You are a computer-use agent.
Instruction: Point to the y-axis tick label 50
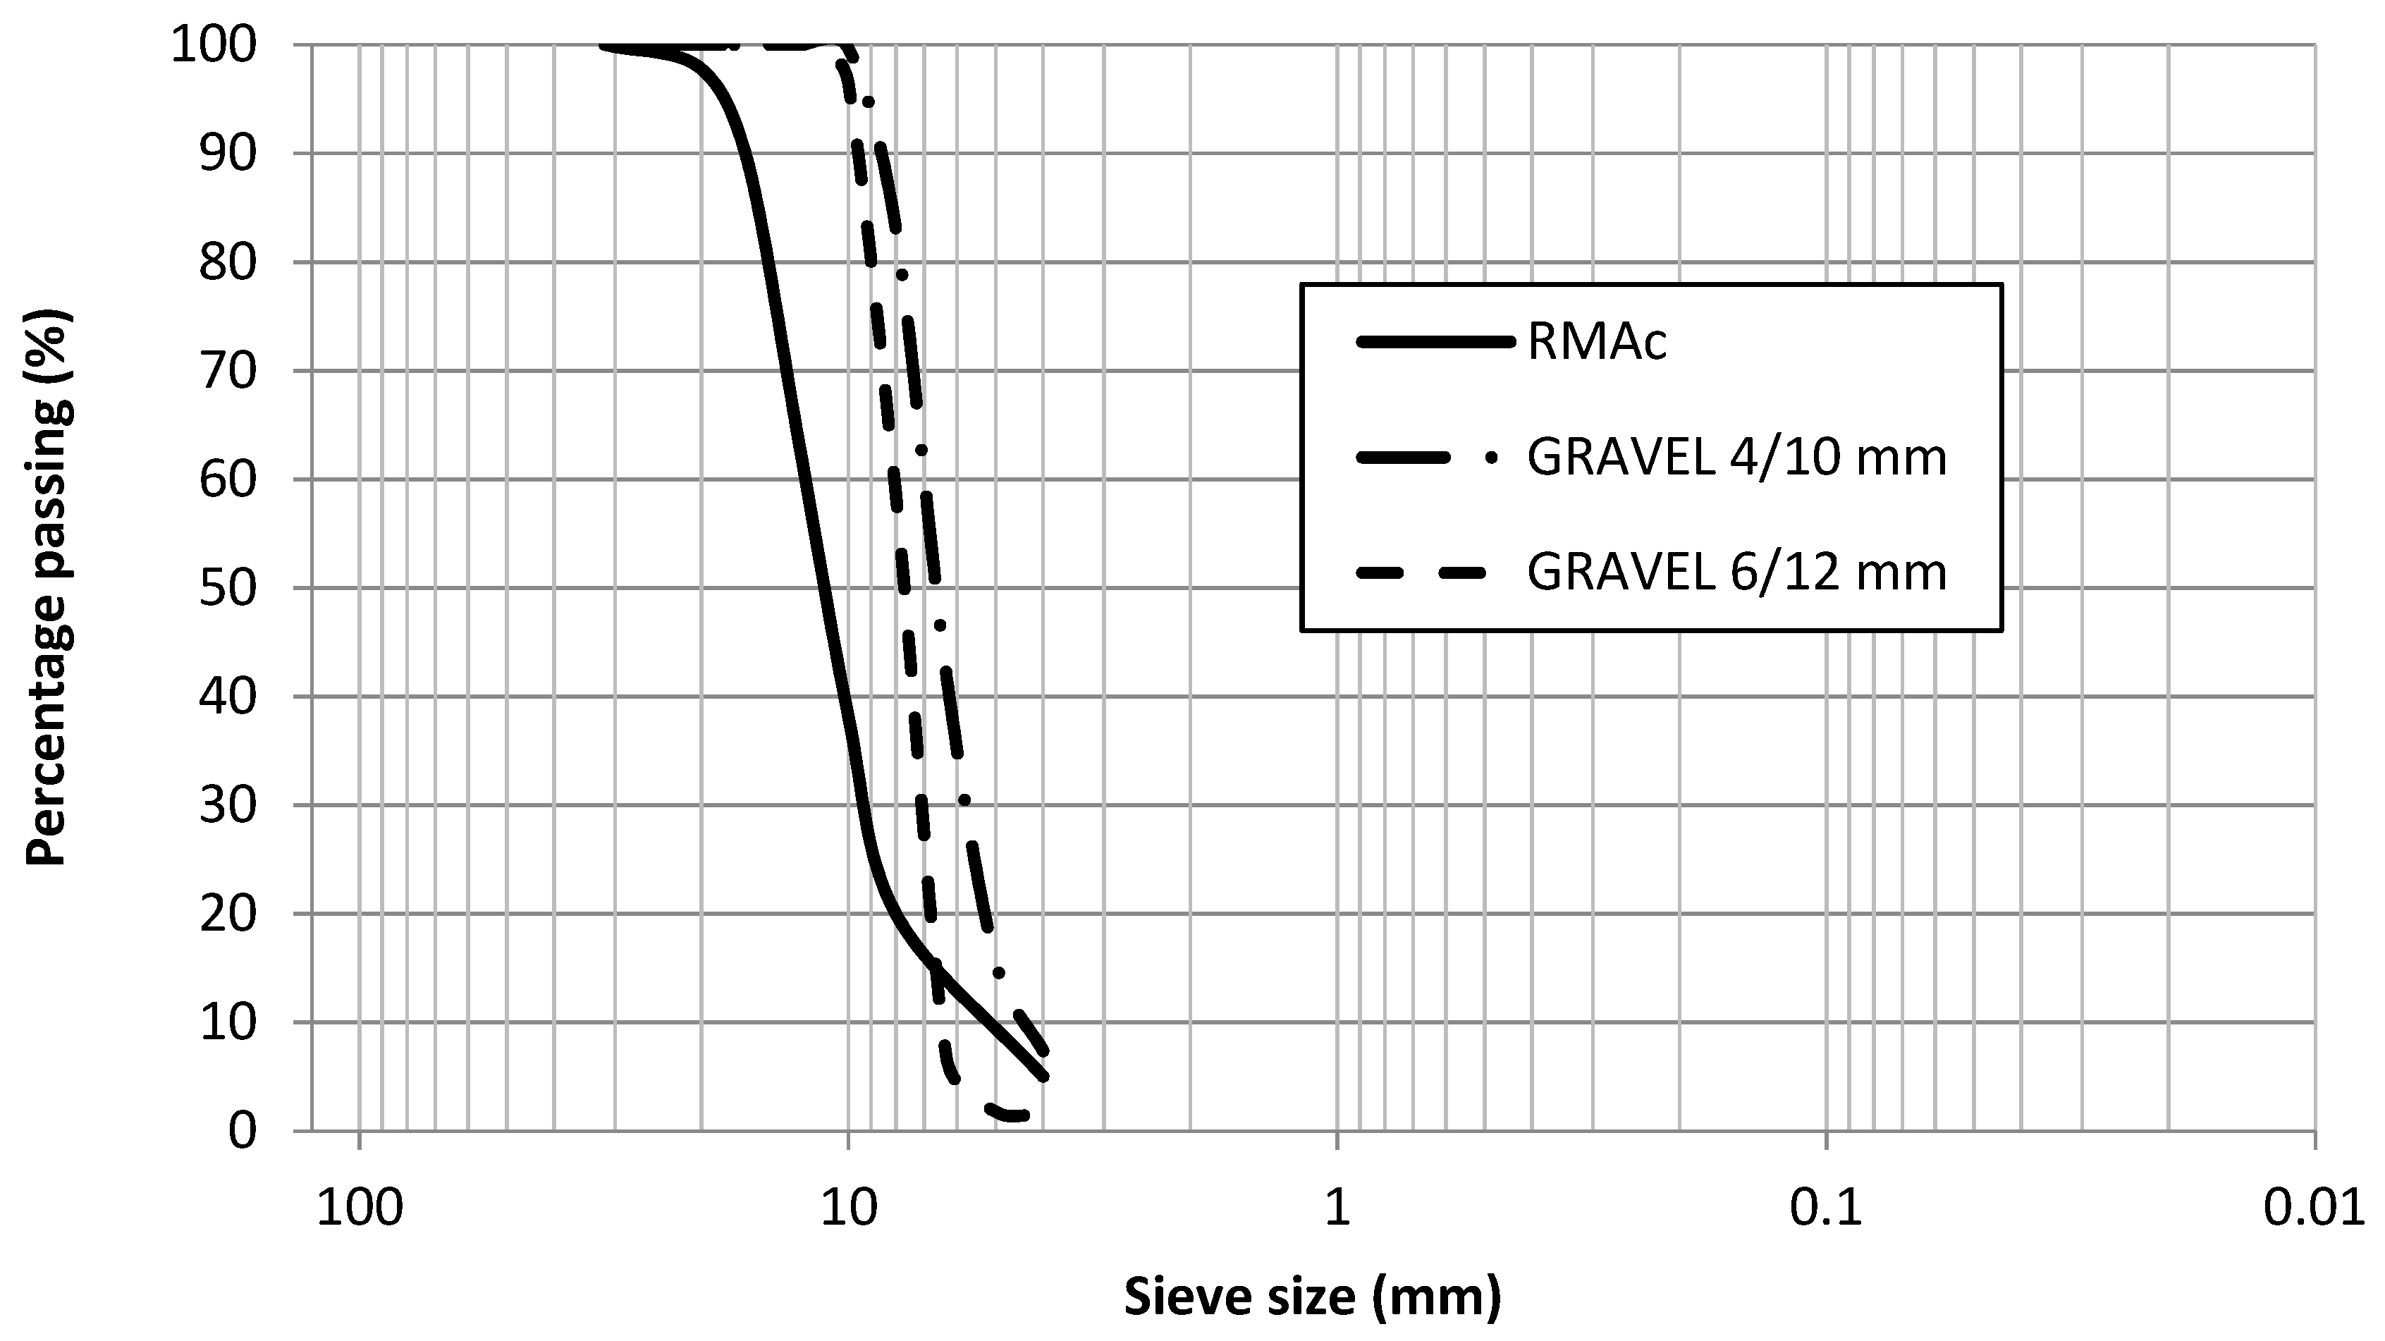point(227,589)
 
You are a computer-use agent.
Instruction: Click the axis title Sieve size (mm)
point(1312,1297)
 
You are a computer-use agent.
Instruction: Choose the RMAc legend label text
point(1597,343)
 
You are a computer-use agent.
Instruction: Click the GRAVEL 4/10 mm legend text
point(1737,458)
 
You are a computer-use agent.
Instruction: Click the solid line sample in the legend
point(1435,343)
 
